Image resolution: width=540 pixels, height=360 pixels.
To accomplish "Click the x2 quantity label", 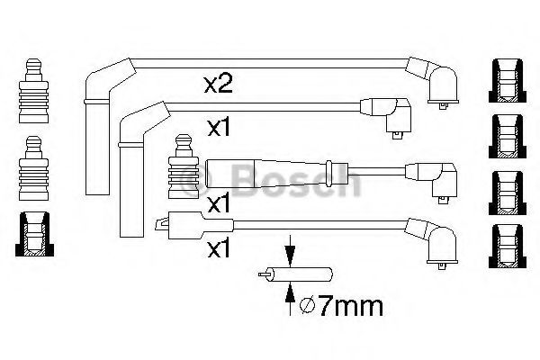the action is point(219,85).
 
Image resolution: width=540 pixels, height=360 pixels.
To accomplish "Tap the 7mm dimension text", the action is point(349,307).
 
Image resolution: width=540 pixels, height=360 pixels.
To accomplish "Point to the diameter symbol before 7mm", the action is point(307,306).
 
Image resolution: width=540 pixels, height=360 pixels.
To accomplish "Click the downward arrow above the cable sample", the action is point(291,251).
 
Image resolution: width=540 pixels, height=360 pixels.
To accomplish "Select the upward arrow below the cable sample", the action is point(291,299).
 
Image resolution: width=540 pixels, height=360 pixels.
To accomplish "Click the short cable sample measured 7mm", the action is point(295,274).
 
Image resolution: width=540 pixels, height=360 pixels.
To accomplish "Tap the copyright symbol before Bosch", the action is point(196,179).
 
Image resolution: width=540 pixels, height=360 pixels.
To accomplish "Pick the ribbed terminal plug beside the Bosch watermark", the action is point(184,166).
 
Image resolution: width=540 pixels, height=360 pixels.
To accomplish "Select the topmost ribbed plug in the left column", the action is point(34,91).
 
